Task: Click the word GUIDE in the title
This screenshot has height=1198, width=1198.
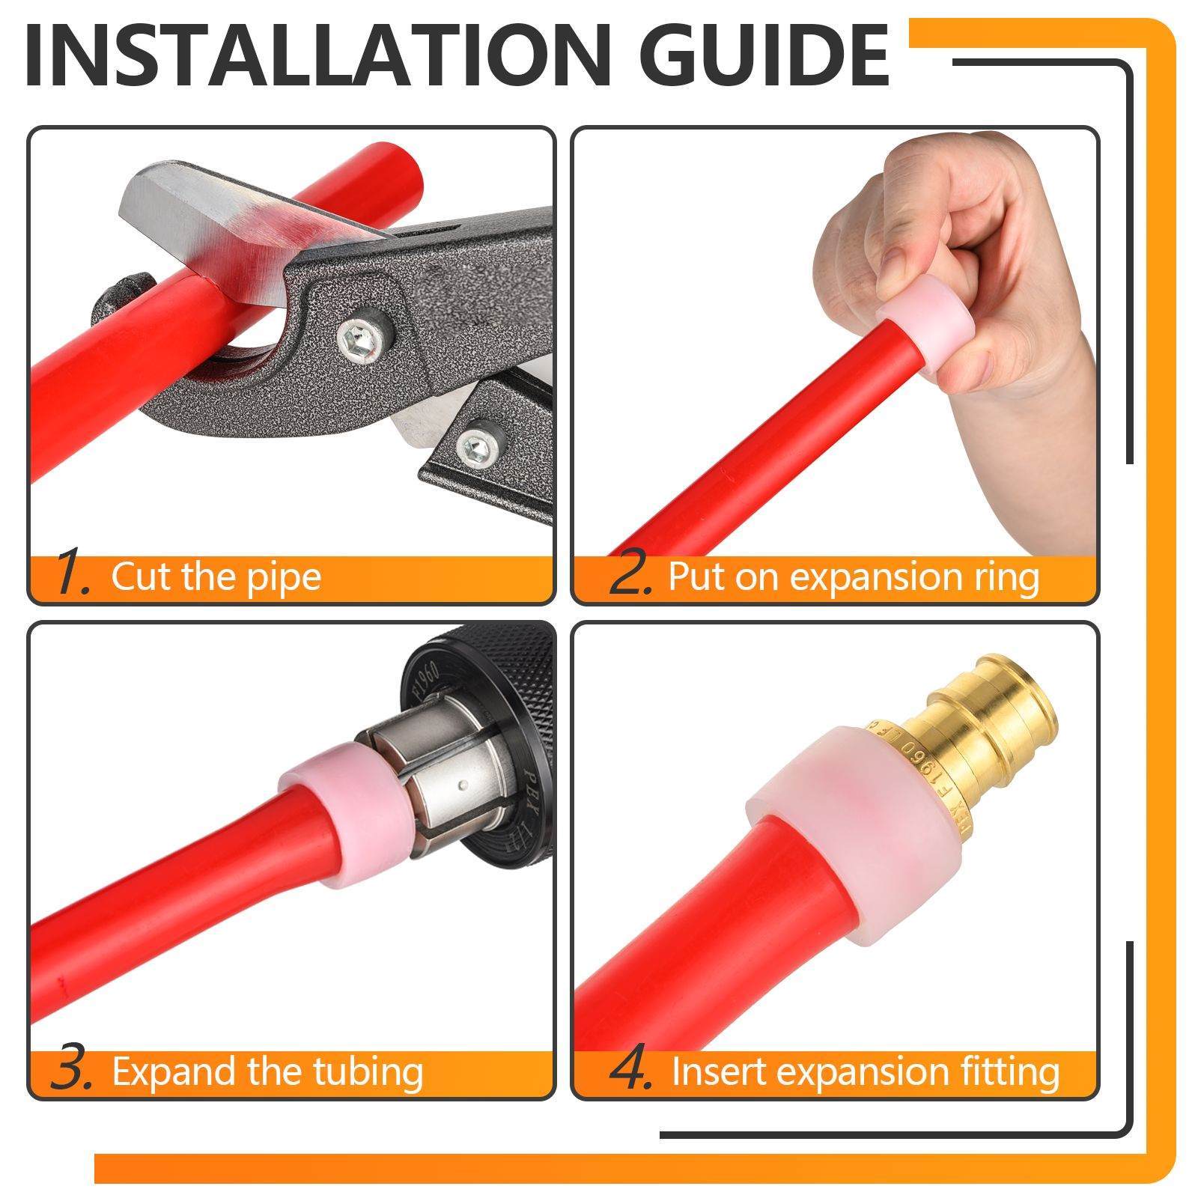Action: pyautogui.click(x=756, y=56)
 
